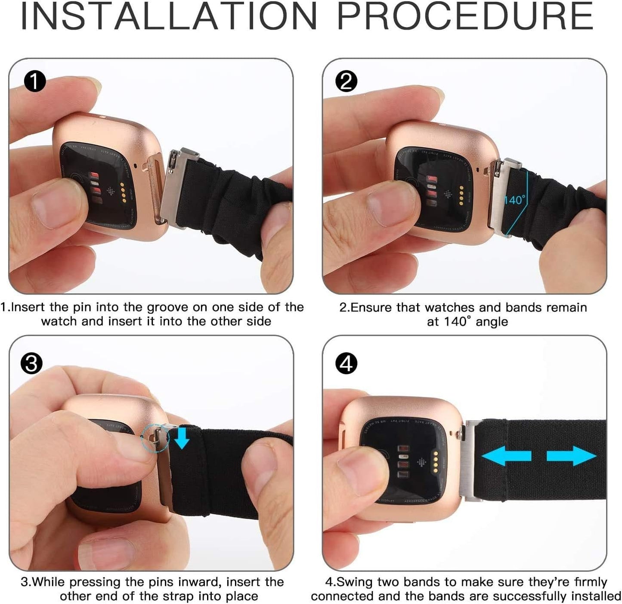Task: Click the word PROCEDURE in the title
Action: [x=465, y=16]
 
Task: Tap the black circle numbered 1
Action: [x=34, y=81]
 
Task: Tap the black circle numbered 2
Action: [x=346, y=81]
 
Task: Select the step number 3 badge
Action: [x=31, y=363]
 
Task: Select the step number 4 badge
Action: [x=346, y=364]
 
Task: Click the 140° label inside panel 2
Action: [x=514, y=200]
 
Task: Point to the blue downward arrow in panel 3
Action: [x=182, y=438]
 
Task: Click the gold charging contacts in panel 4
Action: [x=436, y=462]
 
